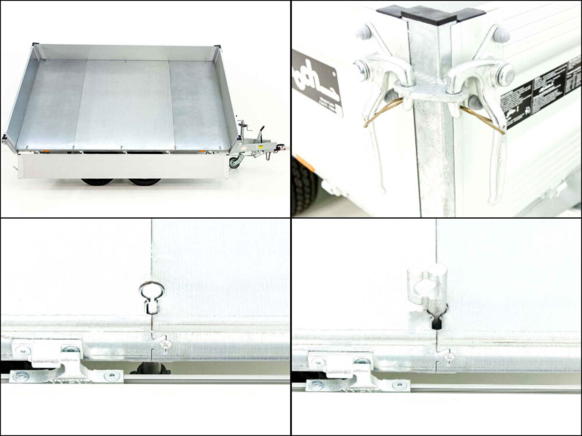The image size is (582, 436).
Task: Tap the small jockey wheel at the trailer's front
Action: point(235,162)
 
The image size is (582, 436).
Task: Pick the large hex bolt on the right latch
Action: point(505,74)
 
